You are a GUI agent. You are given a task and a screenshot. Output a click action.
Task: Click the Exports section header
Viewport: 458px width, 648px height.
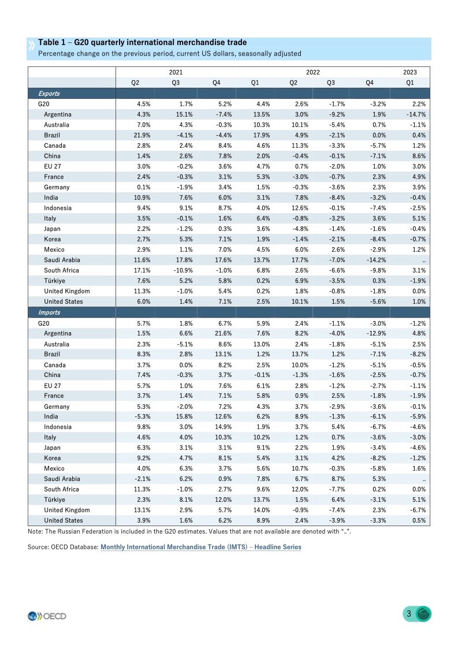click(x=49, y=94)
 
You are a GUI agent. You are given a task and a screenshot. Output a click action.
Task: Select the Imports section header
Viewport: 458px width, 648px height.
click(x=49, y=312)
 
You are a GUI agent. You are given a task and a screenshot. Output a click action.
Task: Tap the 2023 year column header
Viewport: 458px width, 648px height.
click(x=409, y=72)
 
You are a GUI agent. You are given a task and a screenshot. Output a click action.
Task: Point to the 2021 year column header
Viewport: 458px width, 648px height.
click(x=176, y=72)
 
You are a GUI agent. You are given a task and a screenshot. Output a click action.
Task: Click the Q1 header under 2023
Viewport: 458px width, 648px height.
click(x=409, y=83)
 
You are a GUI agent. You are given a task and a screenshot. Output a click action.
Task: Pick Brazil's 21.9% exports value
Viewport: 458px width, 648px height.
click(x=143, y=135)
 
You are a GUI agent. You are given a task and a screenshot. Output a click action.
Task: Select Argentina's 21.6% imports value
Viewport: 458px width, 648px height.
click(x=223, y=334)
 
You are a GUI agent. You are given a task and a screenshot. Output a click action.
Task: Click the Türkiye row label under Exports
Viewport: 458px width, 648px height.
click(x=54, y=281)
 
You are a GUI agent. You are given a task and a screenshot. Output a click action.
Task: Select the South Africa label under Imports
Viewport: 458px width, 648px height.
click(x=61, y=489)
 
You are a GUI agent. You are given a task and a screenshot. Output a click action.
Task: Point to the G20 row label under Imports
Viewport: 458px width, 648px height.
click(x=43, y=323)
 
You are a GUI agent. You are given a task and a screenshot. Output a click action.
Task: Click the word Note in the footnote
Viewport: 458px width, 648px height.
click(x=34, y=531)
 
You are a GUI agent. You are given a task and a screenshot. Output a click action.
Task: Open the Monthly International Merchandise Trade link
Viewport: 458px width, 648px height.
click(x=201, y=547)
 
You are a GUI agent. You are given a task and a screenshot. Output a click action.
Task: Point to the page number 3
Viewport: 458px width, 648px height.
click(x=409, y=614)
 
